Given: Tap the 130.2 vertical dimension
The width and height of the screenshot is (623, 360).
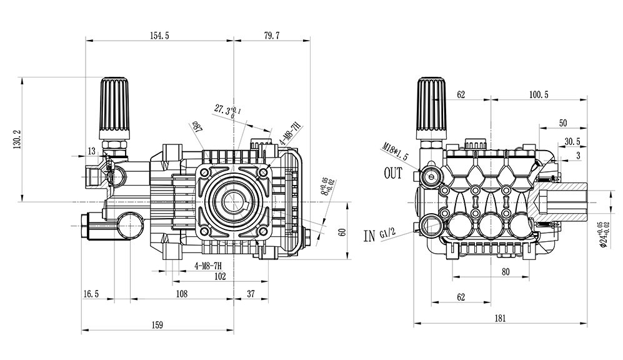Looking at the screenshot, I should [x=17, y=139].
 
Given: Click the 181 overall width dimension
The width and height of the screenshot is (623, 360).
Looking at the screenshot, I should [x=500, y=318].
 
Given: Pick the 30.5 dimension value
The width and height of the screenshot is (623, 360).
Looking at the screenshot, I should [x=572, y=141].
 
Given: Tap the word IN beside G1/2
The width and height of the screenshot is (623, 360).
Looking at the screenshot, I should [x=369, y=236].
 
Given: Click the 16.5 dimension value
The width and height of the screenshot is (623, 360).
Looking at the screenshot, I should [x=91, y=292].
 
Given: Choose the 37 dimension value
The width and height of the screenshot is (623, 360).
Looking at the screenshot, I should [x=251, y=292].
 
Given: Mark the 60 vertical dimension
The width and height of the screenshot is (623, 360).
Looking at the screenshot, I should [x=342, y=232].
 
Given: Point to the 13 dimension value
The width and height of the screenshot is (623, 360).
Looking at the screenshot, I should [x=92, y=151].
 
